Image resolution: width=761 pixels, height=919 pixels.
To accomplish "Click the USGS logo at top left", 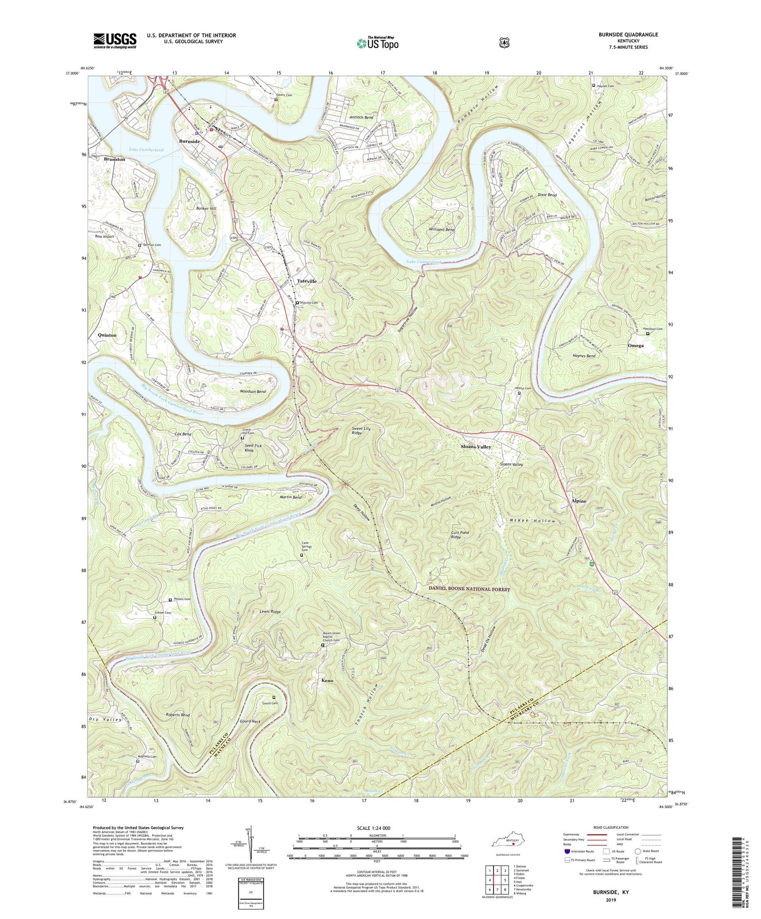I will click(115, 41).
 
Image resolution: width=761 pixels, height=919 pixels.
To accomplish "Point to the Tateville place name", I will click(306, 281).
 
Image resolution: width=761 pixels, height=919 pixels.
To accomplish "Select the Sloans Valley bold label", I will click(475, 447).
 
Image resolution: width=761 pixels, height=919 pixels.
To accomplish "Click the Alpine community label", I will click(578, 501).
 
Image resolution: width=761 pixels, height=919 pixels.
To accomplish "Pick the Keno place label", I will click(327, 680).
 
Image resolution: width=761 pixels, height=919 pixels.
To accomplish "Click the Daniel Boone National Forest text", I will click(469, 590).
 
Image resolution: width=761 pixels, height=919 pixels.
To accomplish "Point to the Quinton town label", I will click(107, 335).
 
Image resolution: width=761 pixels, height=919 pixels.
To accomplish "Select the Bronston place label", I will click(114, 159).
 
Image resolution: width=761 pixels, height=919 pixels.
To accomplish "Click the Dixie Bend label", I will click(547, 195).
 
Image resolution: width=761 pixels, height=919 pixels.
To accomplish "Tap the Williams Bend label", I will click(441, 230).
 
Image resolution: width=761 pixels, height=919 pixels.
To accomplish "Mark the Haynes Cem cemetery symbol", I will click(594, 86).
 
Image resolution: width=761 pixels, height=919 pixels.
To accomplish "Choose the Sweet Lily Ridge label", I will click(361, 431).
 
